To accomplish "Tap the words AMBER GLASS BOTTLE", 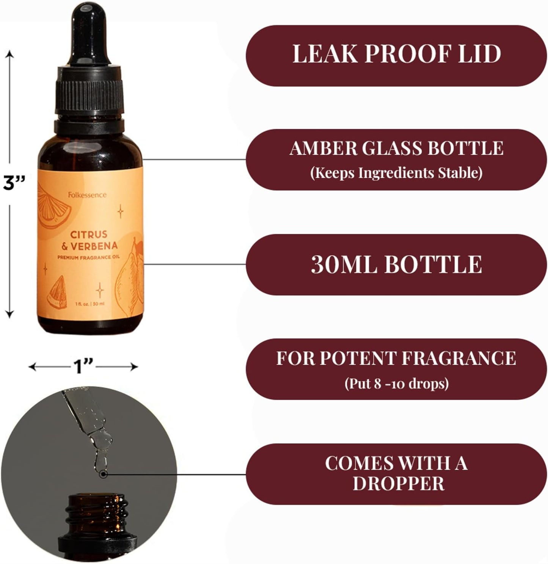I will coord(396,148).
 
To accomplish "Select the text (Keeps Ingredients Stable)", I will coord(396,173).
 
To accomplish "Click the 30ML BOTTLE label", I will coord(396,264).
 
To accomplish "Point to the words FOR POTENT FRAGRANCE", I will coord(396,358).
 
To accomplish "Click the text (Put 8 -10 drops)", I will coord(396,383).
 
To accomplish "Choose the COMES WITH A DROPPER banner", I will coord(396,473).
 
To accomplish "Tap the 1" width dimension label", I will coord(83,367).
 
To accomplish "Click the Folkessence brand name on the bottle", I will coord(87,195).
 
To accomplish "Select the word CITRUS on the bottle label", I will coord(89,234).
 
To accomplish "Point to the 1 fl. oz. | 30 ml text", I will coord(90,304).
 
